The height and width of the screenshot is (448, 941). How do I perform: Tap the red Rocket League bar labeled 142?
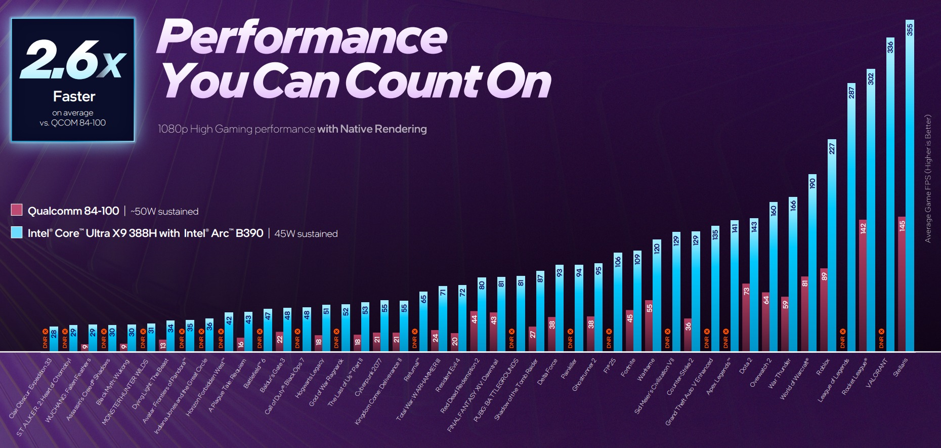click(863, 286)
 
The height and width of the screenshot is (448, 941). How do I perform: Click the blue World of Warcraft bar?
click(812, 263)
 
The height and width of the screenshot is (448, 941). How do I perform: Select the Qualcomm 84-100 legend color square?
click(17, 210)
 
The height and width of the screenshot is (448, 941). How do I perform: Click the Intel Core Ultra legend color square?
click(17, 232)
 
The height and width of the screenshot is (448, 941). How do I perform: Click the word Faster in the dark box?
click(74, 97)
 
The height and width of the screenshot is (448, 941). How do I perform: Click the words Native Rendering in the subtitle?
click(383, 129)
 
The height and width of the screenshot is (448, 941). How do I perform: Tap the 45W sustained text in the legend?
click(306, 234)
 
